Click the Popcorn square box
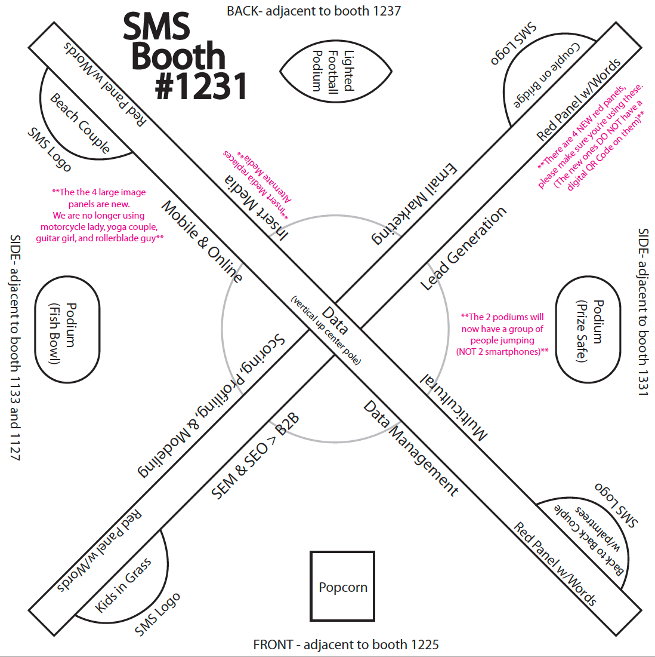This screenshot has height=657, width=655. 342,587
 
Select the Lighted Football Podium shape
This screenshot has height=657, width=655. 335,71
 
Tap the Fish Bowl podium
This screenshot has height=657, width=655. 67,333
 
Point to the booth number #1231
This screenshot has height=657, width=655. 201,86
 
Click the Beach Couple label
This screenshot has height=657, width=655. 80,123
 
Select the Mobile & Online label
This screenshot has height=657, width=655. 203,241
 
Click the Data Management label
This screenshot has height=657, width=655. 411,449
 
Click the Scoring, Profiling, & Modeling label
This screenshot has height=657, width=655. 212,406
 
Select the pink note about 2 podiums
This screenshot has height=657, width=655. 502,334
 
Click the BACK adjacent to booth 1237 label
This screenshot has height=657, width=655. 314,11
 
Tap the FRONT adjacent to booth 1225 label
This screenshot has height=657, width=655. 346,644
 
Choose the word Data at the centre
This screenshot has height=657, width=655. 335,320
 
